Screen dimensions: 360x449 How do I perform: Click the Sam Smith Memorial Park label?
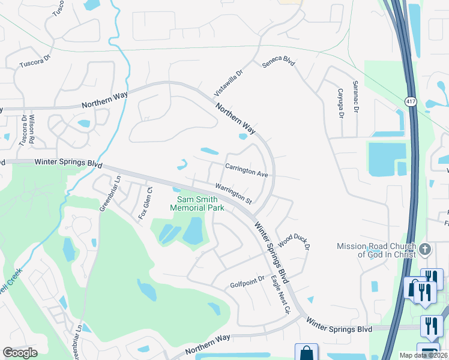click(197, 203)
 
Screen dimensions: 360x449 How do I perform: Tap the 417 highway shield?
click(411, 102)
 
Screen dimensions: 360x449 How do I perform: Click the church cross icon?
click(425, 248)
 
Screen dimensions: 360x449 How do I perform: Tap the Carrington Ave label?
click(246, 170)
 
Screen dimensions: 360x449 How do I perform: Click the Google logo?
click(20, 353)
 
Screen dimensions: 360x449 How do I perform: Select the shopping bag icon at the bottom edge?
click(306, 352)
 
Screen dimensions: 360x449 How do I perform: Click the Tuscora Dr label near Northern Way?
click(36, 61)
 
